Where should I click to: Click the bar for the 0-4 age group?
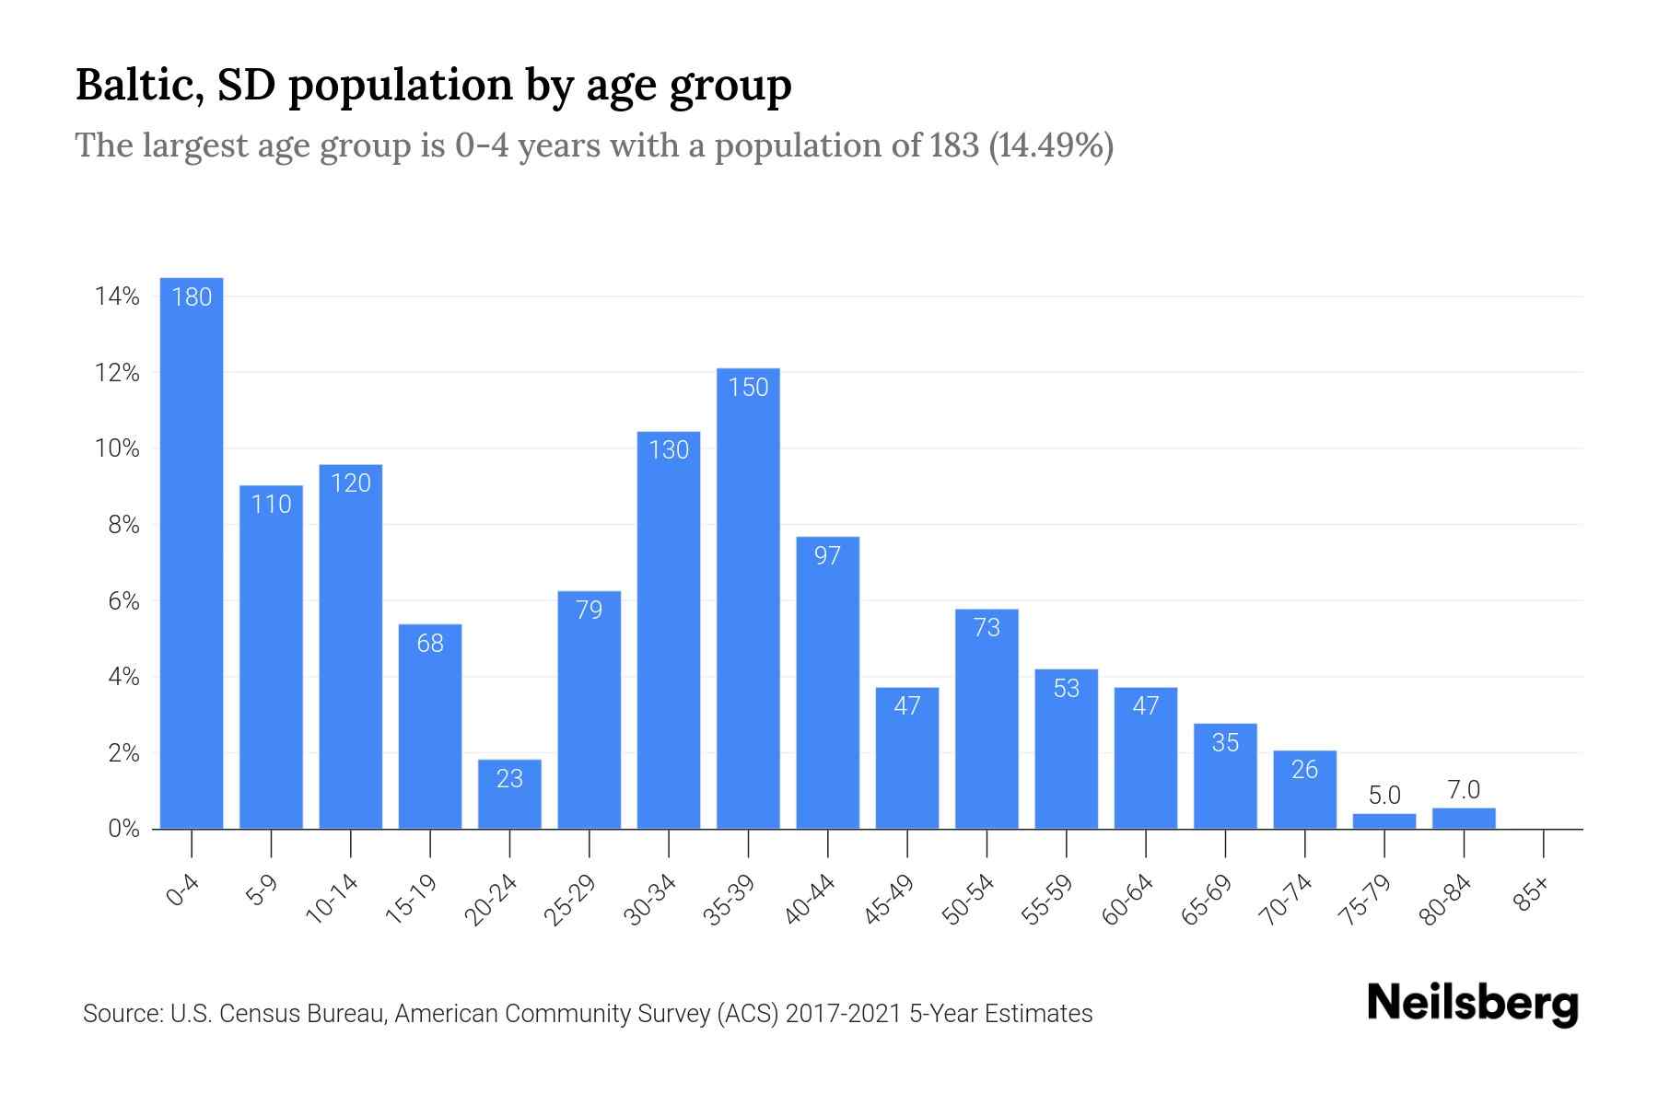coord(192,552)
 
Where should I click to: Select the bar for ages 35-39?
coord(748,599)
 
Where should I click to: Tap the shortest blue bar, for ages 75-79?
coord(1384,820)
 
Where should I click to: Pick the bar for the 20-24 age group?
coord(509,794)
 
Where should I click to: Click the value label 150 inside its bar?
coord(748,388)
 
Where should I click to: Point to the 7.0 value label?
coord(1463,790)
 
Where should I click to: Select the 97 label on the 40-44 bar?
coord(827,556)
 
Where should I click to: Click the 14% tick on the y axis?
coord(117,297)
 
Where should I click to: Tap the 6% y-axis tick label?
coord(123,601)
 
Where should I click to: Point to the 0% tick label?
coord(123,829)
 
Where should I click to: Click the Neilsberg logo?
coord(1472,1004)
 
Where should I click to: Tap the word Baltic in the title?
coord(140,85)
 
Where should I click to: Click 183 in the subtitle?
coord(953,145)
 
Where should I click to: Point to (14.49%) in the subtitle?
coord(1051,145)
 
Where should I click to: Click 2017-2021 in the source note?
coord(843,1014)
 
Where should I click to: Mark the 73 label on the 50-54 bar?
coord(987,628)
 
